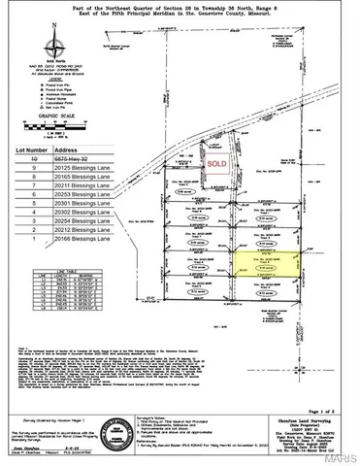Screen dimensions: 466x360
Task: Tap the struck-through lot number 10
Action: tap(37, 162)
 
